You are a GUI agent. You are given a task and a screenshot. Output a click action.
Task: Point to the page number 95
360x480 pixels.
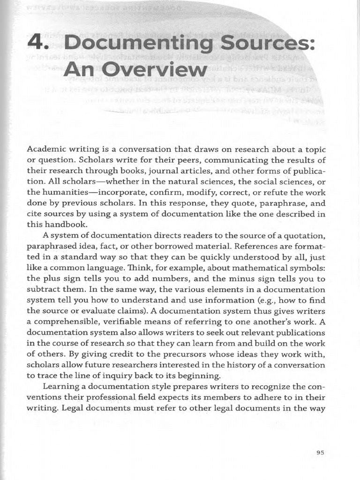pos(321,452)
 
